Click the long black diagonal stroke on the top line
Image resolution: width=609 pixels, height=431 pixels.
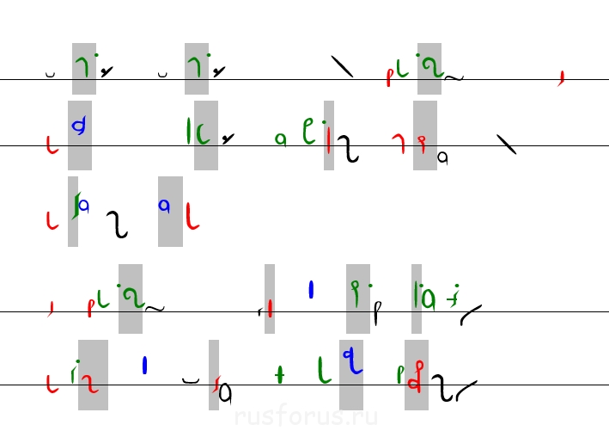pyautogui.click(x=343, y=66)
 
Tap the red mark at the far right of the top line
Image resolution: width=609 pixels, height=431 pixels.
pyautogui.click(x=561, y=79)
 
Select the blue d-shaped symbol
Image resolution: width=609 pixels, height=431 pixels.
pyautogui.click(x=79, y=126)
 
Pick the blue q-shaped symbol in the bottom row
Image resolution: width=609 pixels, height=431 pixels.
pyautogui.click(x=350, y=360)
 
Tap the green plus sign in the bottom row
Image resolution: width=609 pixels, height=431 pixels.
pyautogui.click(x=279, y=373)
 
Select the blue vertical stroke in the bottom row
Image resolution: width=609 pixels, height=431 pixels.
pyautogui.click(x=144, y=366)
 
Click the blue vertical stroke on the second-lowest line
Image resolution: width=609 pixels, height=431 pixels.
pyautogui.click(x=311, y=291)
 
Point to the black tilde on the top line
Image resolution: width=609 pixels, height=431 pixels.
pyautogui.click(x=454, y=77)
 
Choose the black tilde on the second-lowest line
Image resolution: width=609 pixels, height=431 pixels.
pyautogui.click(x=155, y=306)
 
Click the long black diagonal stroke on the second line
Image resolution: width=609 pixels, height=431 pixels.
pyautogui.click(x=507, y=145)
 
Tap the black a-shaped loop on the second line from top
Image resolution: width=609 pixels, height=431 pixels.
pyautogui.click(x=443, y=157)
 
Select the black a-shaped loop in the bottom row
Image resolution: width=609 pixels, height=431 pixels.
pyautogui.click(x=225, y=394)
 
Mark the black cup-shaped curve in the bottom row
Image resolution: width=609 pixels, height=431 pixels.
pyautogui.click(x=191, y=378)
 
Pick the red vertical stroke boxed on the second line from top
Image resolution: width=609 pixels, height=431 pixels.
pyautogui.click(x=329, y=139)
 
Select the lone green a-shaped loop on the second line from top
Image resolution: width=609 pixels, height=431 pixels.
pyautogui.click(x=280, y=139)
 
